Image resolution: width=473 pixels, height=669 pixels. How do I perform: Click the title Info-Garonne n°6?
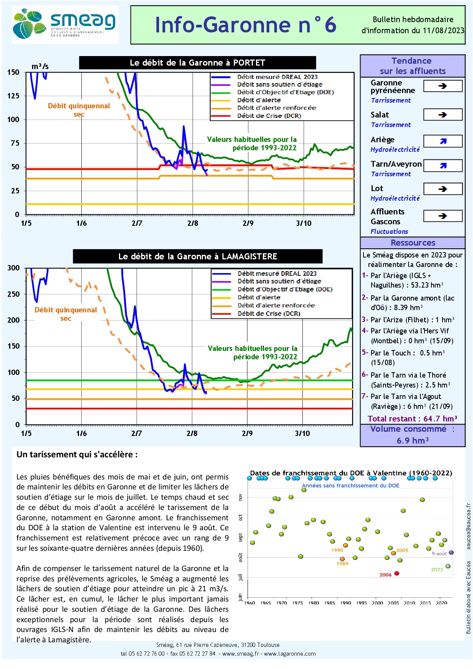click(x=245, y=25)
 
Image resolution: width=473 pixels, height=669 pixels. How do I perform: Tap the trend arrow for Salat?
click(x=442, y=115)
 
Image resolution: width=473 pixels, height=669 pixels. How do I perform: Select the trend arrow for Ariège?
click(x=442, y=141)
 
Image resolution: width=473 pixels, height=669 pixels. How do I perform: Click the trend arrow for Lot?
click(x=442, y=189)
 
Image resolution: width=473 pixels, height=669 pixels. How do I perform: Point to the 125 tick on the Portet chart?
click(x=13, y=96)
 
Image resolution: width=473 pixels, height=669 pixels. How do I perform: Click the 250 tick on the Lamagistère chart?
click(x=13, y=294)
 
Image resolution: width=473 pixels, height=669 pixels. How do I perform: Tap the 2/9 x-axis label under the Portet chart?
click(x=248, y=223)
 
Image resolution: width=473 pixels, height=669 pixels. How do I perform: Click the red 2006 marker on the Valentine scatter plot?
click(x=397, y=573)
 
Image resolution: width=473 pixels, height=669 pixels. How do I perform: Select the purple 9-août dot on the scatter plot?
click(x=451, y=552)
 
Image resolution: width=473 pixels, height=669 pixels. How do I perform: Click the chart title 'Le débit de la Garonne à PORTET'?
click(x=197, y=63)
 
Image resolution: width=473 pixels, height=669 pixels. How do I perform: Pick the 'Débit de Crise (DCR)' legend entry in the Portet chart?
click(x=269, y=116)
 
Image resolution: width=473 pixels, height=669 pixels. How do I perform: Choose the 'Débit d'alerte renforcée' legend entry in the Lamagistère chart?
click(x=276, y=305)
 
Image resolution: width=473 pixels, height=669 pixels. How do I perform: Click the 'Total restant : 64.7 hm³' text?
click(x=412, y=418)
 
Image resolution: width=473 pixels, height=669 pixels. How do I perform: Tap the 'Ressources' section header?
click(x=413, y=243)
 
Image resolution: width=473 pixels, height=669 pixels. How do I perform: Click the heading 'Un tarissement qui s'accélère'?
click(x=77, y=454)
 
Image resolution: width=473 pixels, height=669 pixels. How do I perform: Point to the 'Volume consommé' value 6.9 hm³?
click(x=412, y=441)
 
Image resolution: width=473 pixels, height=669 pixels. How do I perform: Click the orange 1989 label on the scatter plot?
click(x=342, y=563)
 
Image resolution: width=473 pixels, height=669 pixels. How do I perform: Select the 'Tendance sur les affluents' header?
click(x=412, y=66)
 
